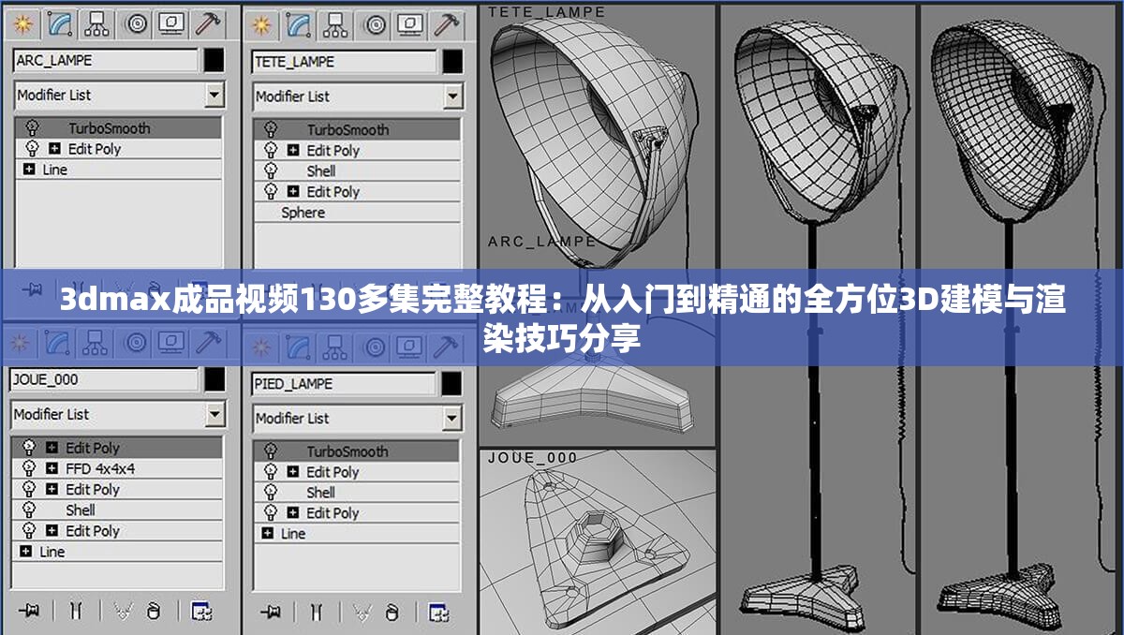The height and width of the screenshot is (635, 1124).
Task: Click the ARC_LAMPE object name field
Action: coord(105,61)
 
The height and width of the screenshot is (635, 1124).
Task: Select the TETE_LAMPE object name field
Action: coord(344,63)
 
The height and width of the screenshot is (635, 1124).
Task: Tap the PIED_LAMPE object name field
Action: coord(344,384)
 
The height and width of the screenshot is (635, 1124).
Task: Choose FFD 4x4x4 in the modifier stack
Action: coord(100,468)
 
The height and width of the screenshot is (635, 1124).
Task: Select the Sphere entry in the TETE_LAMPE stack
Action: coord(303,213)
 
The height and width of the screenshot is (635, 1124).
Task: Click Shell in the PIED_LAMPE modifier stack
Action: coord(320,493)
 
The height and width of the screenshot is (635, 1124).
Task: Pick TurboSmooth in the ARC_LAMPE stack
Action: coord(109,128)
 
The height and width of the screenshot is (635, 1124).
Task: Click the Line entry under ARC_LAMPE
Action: coord(54,170)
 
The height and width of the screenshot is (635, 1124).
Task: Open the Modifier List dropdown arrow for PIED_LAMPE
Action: coord(453,418)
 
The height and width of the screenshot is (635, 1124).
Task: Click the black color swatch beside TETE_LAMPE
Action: coord(452,62)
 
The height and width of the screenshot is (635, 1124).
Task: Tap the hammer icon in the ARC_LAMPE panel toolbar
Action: coord(210,23)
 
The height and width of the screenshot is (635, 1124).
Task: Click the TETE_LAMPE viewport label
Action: coord(546,12)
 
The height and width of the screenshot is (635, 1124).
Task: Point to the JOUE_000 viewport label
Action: coord(533,458)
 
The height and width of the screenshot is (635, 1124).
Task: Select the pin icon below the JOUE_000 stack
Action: coord(31,610)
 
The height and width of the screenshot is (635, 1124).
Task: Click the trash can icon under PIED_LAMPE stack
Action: coord(392,612)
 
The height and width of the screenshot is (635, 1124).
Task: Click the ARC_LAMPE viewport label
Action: coord(541,242)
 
